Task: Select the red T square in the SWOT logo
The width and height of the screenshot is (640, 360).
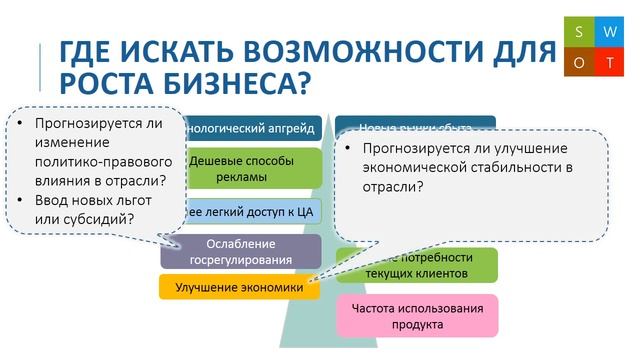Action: click(x=608, y=61)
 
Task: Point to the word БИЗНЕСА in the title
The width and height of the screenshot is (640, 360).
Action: click(x=229, y=81)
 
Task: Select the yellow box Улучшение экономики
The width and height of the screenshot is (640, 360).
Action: click(x=239, y=288)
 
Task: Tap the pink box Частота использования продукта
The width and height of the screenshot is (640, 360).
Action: click(x=417, y=315)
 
